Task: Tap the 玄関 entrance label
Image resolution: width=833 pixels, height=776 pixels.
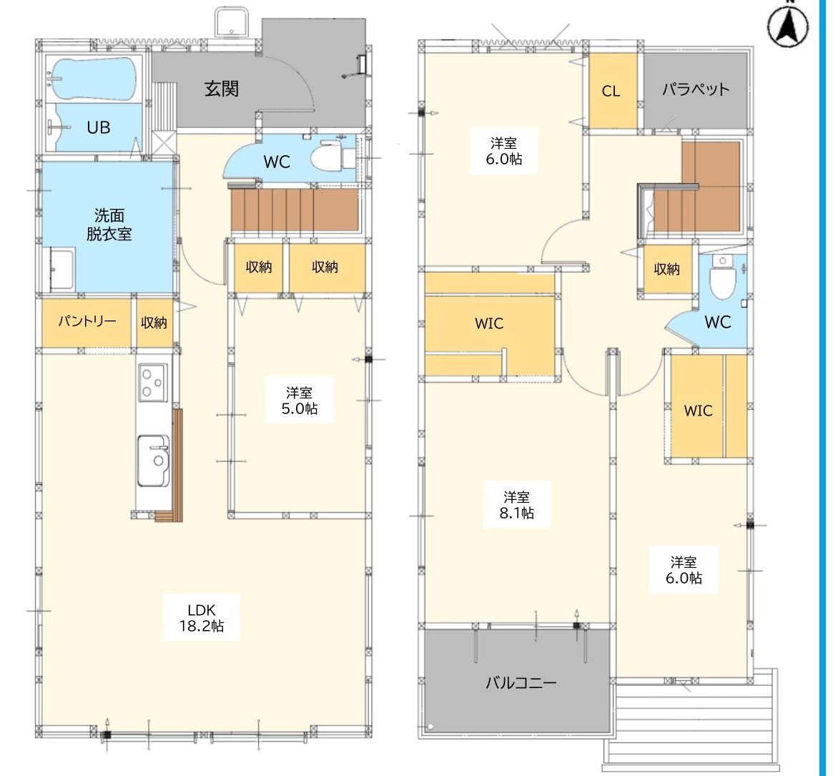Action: tap(222, 89)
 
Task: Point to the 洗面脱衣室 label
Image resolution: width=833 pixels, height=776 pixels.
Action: tap(109, 225)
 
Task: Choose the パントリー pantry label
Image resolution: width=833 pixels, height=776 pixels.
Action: tap(87, 321)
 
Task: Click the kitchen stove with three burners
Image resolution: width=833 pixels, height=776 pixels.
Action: tap(152, 383)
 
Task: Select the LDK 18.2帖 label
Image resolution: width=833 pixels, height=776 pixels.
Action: tap(202, 618)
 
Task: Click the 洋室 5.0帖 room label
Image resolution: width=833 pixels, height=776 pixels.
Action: tap(300, 401)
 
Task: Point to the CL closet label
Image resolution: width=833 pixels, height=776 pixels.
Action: tap(611, 92)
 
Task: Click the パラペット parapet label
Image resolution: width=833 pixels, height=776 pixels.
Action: tap(696, 89)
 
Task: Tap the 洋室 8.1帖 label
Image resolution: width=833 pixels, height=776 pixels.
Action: tap(516, 505)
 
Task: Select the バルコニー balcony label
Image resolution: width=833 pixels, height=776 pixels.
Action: tap(521, 682)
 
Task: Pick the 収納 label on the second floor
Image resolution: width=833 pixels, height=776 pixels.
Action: tap(666, 269)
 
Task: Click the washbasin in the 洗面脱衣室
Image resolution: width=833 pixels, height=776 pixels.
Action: tap(61, 270)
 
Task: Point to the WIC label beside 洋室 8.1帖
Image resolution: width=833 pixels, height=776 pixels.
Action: tap(489, 324)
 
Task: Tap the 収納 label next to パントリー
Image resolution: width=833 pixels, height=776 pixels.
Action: tap(154, 322)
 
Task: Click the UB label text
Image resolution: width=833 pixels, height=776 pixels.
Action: tap(98, 127)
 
